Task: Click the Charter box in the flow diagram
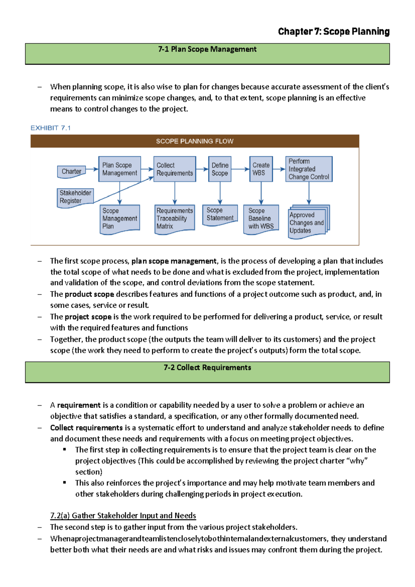click(x=71, y=171)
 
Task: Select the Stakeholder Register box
click(x=75, y=197)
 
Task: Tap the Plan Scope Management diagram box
click(x=120, y=169)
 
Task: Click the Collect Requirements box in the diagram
click(x=175, y=169)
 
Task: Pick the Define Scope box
click(x=220, y=169)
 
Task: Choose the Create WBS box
click(x=261, y=169)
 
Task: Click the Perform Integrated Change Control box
click(x=309, y=169)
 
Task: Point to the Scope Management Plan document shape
click(x=120, y=219)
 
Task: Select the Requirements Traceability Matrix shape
click(x=175, y=218)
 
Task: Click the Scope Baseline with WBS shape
click(x=261, y=219)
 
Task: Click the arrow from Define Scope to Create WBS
click(x=240, y=169)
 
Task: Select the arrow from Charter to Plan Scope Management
click(x=92, y=169)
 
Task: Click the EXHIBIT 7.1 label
click(x=50, y=128)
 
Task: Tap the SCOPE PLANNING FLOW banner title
click(x=195, y=141)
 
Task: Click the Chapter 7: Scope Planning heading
click(x=334, y=31)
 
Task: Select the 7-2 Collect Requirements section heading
click(x=207, y=368)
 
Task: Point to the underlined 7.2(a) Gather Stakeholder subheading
click(x=123, y=516)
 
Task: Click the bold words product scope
click(x=89, y=294)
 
